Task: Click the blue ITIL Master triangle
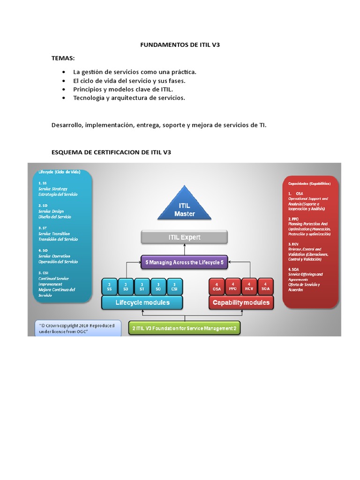[184, 206]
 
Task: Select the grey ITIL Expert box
[184, 237]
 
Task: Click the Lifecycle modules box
[142, 302]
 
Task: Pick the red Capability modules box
[241, 302]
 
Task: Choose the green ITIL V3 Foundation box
[184, 328]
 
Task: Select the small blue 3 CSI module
[174, 286]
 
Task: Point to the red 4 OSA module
[217, 286]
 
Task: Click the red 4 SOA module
[265, 286]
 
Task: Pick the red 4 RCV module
[249, 286]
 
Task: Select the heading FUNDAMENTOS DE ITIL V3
[180, 45]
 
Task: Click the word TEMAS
[63, 58]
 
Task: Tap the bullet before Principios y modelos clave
[63, 89]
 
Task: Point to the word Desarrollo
[67, 125]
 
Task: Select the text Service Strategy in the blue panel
[53, 188]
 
